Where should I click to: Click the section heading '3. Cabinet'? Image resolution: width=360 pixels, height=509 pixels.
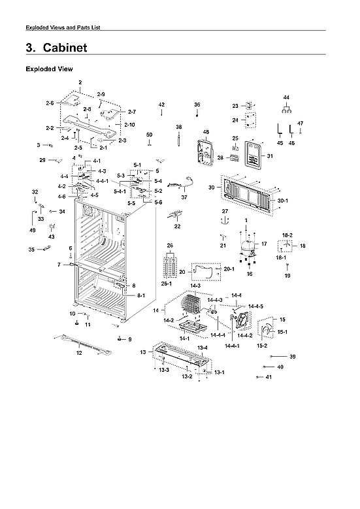[x=56, y=48]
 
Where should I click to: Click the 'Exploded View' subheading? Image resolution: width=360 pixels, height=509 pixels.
[x=49, y=69]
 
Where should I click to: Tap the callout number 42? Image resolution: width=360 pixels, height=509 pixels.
[x=161, y=105]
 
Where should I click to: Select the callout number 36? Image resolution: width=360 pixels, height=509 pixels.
[x=197, y=105]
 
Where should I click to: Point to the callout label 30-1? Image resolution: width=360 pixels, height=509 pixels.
[x=282, y=200]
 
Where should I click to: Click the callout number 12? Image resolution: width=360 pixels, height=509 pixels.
[x=79, y=353]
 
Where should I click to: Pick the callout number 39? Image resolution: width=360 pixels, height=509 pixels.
[x=292, y=356]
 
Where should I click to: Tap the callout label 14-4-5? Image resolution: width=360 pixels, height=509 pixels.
[x=255, y=306]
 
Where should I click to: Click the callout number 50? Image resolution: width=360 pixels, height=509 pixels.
[x=149, y=135]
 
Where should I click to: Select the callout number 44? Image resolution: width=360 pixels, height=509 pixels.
[x=286, y=97]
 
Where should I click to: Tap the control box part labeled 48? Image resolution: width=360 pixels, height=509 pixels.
[x=205, y=154]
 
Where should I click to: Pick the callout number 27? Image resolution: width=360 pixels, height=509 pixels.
[x=224, y=211]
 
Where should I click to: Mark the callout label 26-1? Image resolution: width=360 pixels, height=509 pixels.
[x=167, y=283]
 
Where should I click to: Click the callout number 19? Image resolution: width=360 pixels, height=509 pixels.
[x=286, y=276]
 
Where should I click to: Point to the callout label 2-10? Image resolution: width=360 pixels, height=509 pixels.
[x=129, y=124]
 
